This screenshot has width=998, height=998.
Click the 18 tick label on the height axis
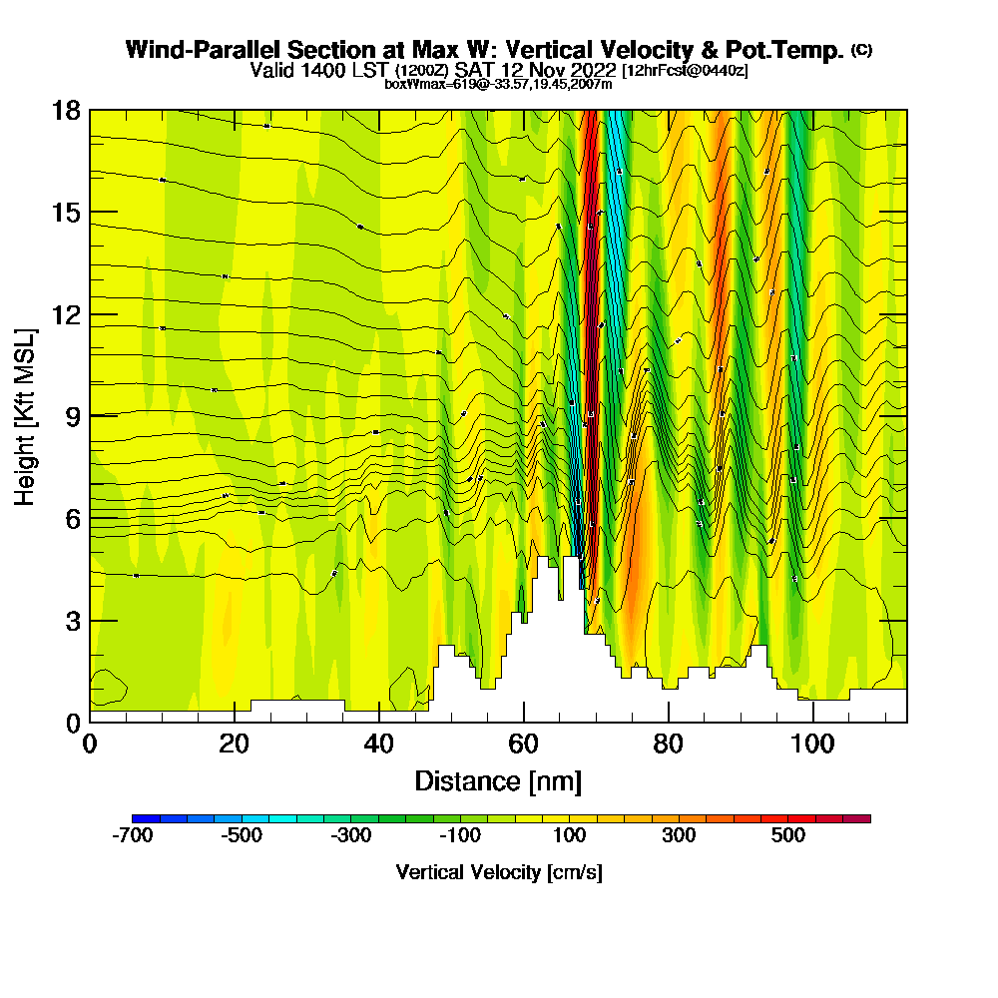pyautogui.click(x=66, y=110)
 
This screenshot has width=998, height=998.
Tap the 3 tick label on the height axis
pyautogui.click(x=72, y=620)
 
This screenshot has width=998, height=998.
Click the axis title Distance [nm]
pyautogui.click(x=498, y=780)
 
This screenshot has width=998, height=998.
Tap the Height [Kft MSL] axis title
pyautogui.click(x=25, y=416)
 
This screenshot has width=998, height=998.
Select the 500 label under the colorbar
pyautogui.click(x=788, y=836)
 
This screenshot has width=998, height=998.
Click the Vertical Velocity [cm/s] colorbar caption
pyautogui.click(x=499, y=872)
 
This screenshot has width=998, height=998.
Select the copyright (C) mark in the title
pyautogui.click(x=861, y=50)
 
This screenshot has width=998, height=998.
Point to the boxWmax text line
pyautogui.click(x=498, y=84)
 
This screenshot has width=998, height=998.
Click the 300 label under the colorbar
pyautogui.click(x=679, y=836)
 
